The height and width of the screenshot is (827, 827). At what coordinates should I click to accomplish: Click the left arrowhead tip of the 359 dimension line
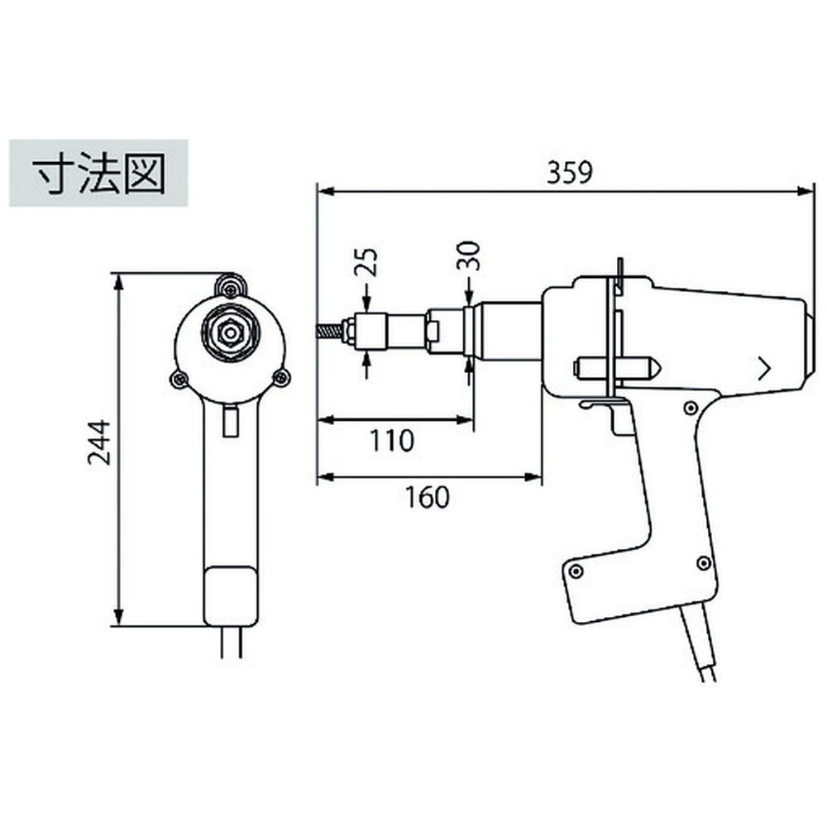(x=318, y=191)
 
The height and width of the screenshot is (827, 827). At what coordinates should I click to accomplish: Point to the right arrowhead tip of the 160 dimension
(x=542, y=477)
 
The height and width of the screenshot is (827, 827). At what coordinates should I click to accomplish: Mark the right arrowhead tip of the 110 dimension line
(x=472, y=420)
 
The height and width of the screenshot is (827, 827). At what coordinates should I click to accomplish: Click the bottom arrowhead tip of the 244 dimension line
(x=118, y=626)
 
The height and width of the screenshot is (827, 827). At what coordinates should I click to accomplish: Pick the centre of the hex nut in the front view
(x=229, y=332)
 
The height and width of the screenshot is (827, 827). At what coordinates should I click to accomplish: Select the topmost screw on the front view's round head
(x=230, y=287)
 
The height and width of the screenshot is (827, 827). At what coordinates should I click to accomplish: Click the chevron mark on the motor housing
(x=763, y=368)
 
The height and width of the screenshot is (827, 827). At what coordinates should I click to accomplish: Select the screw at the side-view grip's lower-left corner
(x=576, y=571)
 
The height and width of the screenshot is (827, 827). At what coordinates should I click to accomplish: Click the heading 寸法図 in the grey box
(x=99, y=174)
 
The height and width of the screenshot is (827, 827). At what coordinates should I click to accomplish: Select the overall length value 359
(x=570, y=172)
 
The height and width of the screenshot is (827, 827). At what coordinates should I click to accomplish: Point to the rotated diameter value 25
(x=367, y=262)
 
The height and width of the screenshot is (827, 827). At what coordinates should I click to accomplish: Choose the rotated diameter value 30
(x=469, y=256)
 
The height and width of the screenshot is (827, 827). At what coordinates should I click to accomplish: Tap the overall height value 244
(x=99, y=442)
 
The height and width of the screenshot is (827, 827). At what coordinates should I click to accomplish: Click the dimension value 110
(x=392, y=441)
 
